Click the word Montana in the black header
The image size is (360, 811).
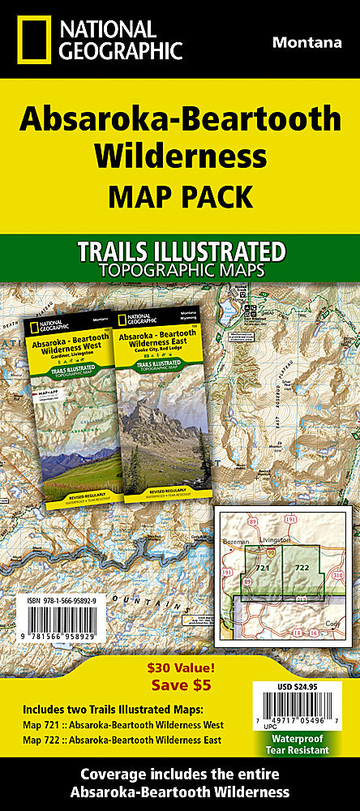point(306,43)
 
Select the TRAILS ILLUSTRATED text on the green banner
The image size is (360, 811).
point(179,251)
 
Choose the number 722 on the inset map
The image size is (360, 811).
point(301,567)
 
